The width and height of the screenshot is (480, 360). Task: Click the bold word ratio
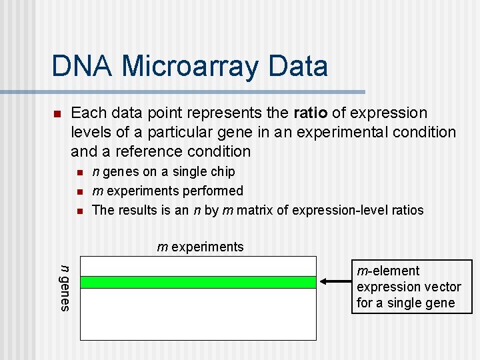point(309,113)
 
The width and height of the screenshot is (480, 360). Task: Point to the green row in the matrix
point(197,282)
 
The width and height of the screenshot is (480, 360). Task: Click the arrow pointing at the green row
point(336,282)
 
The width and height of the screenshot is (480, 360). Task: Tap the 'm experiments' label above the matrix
point(200,247)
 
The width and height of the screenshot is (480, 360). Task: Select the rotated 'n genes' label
point(65,287)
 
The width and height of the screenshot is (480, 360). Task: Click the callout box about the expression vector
point(409,287)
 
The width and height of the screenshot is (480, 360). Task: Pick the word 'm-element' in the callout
point(388,271)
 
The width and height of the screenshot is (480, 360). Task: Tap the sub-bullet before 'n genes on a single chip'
point(79,173)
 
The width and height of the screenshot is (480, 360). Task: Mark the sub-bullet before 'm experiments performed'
point(79,192)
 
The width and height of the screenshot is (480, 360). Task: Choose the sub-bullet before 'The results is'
point(79,211)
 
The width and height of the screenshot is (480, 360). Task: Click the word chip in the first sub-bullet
point(222,172)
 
